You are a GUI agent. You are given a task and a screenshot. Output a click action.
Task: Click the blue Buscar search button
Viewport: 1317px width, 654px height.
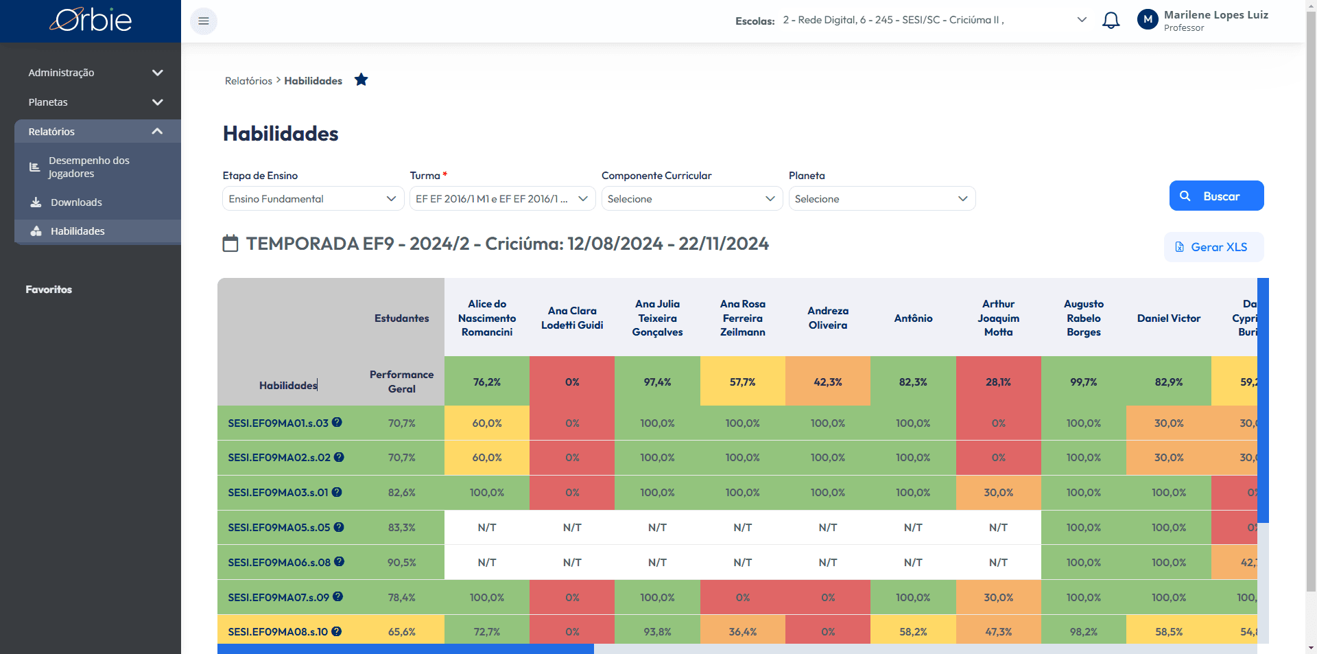[x=1216, y=196]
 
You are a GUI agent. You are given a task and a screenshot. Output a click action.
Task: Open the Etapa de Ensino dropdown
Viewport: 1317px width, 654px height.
[x=313, y=198]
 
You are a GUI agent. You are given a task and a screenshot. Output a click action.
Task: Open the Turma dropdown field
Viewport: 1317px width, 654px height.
[x=503, y=198]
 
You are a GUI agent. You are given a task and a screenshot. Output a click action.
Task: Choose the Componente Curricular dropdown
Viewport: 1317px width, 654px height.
[x=692, y=198]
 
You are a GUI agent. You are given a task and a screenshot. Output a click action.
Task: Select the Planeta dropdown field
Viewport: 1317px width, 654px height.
[x=882, y=198]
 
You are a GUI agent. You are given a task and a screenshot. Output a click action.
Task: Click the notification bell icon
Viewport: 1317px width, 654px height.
[x=1111, y=21]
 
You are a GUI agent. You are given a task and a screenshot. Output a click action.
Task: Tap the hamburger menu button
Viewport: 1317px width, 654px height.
[x=204, y=21]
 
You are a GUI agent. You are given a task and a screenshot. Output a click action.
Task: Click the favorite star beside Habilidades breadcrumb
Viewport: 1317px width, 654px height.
[x=361, y=80]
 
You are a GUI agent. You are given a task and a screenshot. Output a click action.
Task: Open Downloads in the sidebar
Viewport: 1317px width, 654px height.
[x=76, y=202]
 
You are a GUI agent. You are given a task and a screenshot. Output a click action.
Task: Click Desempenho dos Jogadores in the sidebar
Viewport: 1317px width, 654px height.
[x=88, y=167]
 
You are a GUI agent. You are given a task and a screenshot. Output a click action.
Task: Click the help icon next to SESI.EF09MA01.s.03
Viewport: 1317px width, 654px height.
[x=337, y=422]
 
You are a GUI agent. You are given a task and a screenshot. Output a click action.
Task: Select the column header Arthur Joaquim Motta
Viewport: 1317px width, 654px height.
[x=999, y=318]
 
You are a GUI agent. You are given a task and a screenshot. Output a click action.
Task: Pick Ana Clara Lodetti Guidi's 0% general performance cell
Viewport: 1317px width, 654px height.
[x=572, y=382]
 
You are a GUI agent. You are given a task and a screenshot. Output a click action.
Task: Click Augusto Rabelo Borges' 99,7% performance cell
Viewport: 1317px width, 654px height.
[x=1084, y=382]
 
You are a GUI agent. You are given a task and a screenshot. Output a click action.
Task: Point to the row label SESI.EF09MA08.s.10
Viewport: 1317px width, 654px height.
[x=278, y=632]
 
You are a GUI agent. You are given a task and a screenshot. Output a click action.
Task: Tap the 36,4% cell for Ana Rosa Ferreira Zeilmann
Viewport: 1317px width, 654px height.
[x=743, y=632]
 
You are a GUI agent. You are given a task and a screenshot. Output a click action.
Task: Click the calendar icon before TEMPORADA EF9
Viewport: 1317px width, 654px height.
[x=230, y=244]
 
